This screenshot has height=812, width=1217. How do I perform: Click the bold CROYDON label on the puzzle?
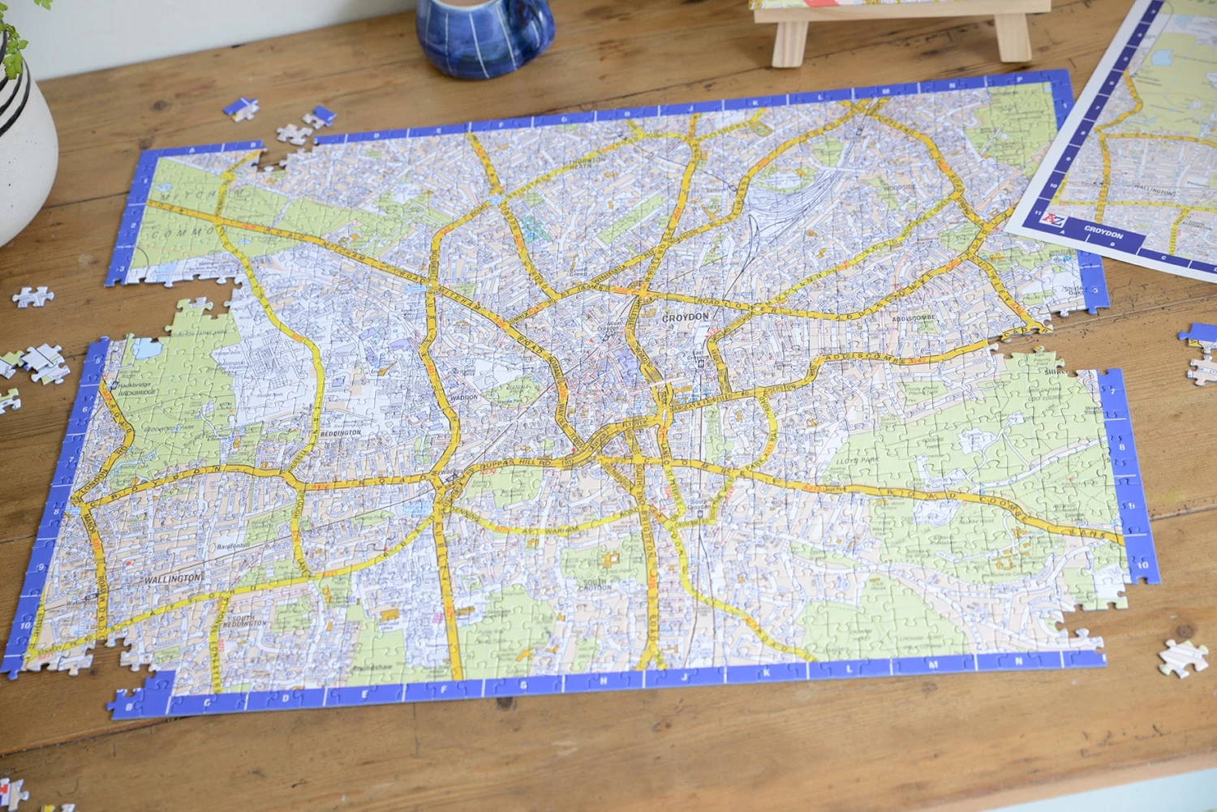(686, 317)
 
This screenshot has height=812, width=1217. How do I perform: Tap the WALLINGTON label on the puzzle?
(172, 579)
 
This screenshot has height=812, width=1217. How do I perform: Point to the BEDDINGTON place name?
(341, 433)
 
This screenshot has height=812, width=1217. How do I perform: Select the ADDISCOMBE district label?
(914, 318)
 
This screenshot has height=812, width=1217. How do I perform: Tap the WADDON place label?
(464, 397)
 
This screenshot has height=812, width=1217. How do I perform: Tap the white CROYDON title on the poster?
(1103, 233)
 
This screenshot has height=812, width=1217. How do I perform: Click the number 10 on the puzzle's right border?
(1143, 565)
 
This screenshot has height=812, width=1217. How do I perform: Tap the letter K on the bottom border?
(766, 672)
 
